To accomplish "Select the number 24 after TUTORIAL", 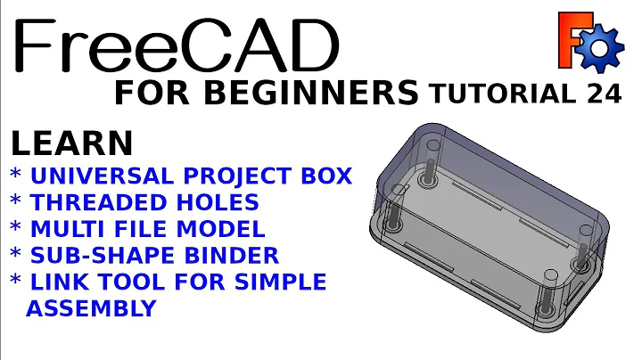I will point(601,94).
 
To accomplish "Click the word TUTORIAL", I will point(501,94).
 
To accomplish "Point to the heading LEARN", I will point(71,143).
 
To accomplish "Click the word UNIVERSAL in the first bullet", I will point(98,176).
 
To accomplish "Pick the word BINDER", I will point(234,256).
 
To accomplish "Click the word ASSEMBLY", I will point(92,308).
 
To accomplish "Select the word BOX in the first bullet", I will point(322,176).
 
